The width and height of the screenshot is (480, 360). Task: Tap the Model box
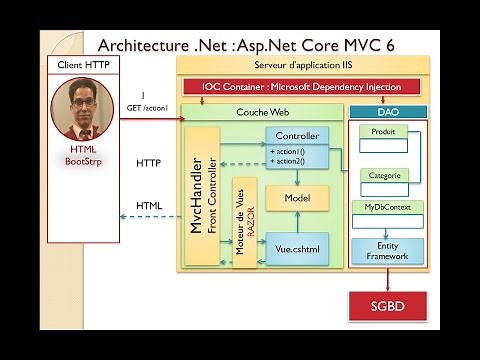click(298, 198)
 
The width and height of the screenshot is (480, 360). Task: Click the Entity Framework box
click(387, 251)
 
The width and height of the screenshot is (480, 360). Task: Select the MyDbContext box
click(387, 208)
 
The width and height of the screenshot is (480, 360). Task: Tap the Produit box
click(383, 132)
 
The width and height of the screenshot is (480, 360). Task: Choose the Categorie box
click(384, 175)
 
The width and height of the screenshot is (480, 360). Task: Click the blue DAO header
click(387, 112)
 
